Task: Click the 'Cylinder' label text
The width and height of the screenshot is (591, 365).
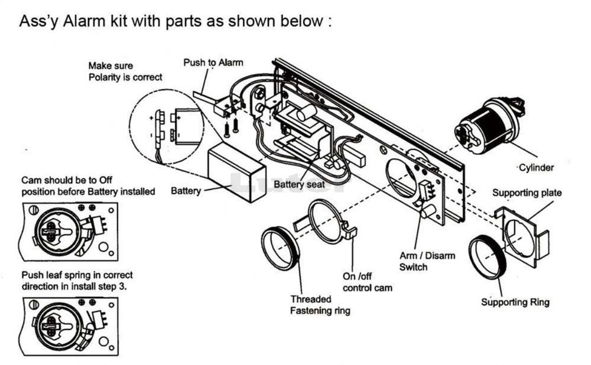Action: [536, 168]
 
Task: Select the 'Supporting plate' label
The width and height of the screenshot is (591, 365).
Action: [527, 193]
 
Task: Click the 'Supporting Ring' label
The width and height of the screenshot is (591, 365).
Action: [515, 302]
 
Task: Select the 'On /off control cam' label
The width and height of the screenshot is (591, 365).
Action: [367, 282]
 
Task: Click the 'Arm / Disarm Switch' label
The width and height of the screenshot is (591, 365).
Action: [427, 261]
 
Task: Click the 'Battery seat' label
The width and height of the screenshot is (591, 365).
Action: [300, 184]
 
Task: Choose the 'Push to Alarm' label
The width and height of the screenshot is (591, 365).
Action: [213, 62]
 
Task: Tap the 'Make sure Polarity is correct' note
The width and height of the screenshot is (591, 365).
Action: [125, 71]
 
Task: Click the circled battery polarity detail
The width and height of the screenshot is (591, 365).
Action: [166, 128]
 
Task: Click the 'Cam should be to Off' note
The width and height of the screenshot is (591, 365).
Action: [88, 185]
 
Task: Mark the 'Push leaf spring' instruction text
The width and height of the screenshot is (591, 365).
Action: [77, 281]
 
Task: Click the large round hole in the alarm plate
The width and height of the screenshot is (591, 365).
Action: [401, 177]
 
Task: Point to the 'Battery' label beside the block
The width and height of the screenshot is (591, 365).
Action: [185, 191]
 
